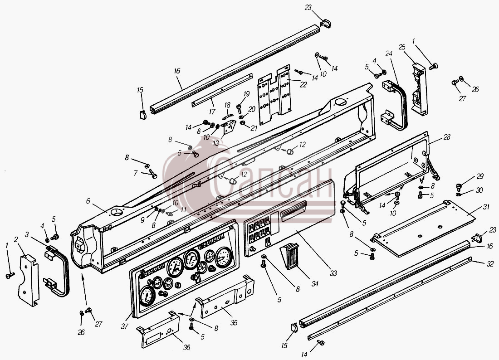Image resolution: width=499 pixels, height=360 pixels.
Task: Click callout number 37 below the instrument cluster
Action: (x=124, y=326)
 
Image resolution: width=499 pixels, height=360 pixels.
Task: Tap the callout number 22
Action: (x=303, y=85)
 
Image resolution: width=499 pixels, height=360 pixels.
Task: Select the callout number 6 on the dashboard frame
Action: (x=88, y=201)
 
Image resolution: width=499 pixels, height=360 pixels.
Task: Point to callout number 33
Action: (x=333, y=273)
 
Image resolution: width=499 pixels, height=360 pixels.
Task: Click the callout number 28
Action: (x=447, y=137)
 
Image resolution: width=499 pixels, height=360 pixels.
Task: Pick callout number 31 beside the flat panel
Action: (x=486, y=207)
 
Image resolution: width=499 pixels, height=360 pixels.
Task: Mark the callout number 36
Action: (x=186, y=347)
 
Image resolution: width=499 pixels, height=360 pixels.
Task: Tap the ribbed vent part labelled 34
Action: (x=290, y=256)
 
